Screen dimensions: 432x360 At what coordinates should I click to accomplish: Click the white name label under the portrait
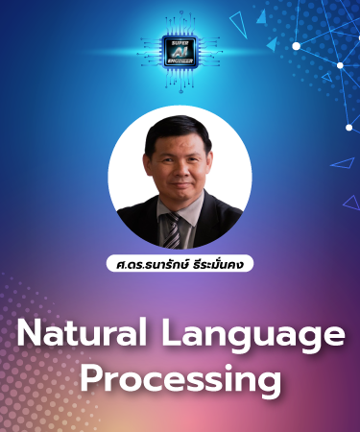click(180, 262)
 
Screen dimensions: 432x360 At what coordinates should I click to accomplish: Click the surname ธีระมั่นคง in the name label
click(216, 262)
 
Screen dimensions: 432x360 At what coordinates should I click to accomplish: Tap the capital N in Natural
click(29, 335)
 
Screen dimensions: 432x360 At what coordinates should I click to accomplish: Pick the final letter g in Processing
click(270, 382)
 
